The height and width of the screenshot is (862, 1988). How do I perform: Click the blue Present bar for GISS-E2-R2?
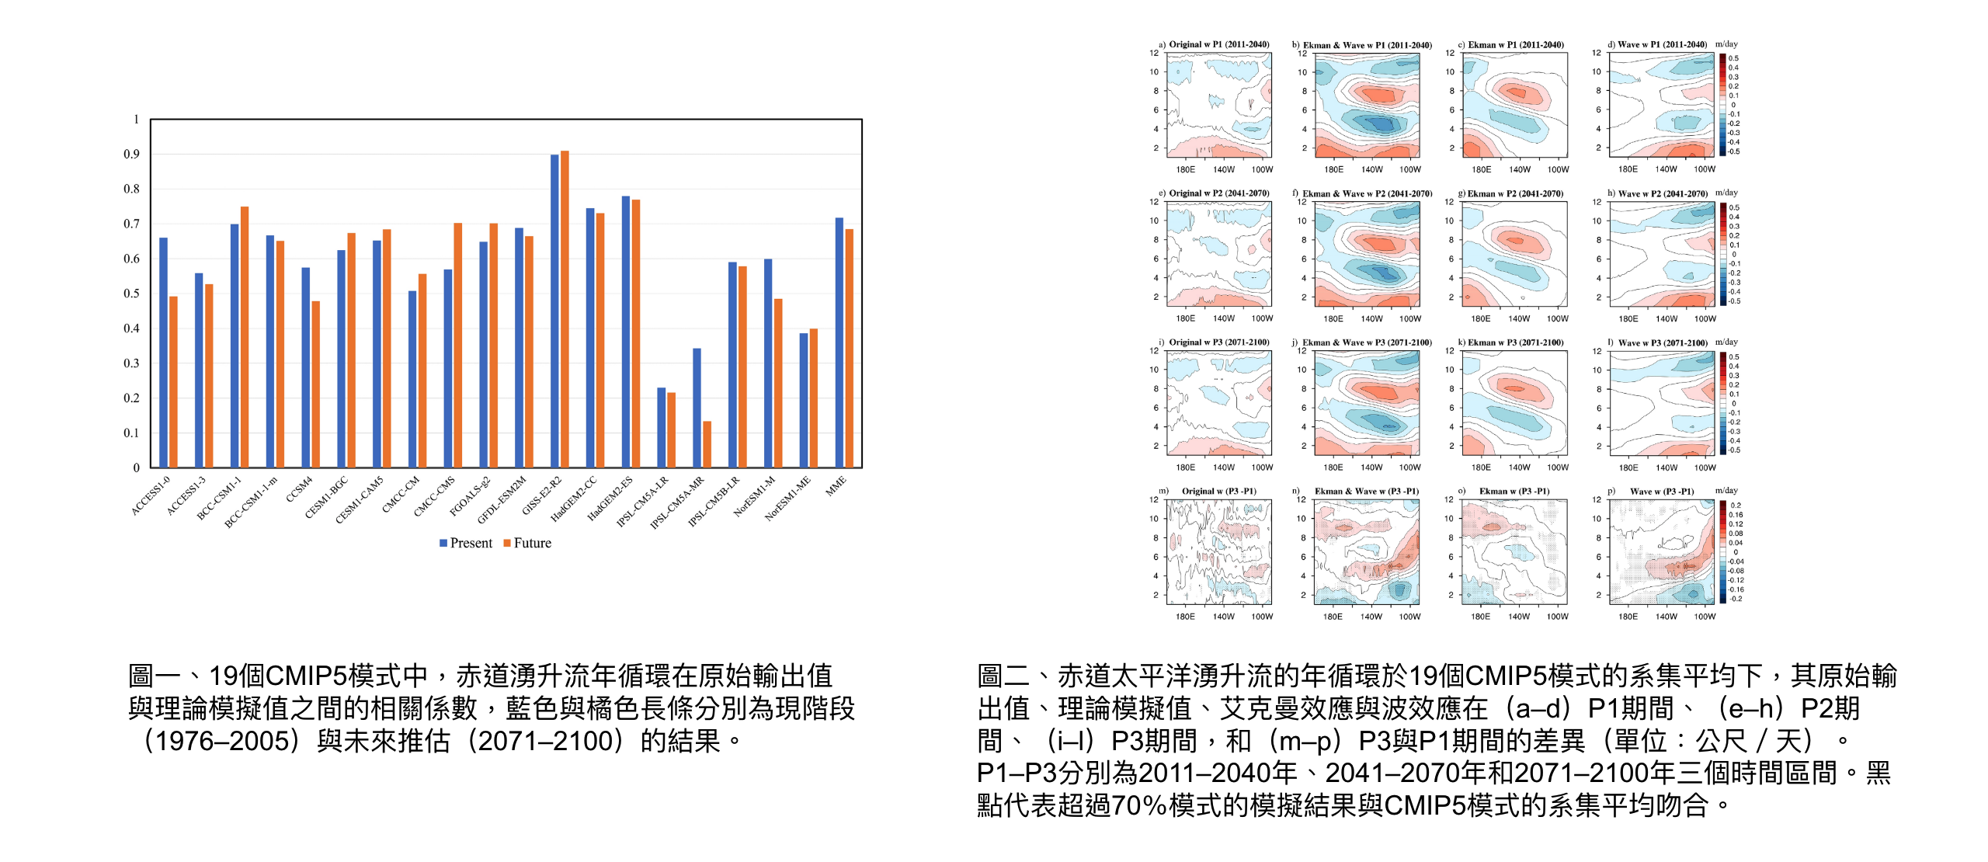554,311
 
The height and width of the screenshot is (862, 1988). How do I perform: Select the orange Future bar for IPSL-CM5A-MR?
707,444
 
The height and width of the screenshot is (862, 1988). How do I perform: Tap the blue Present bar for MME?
839,342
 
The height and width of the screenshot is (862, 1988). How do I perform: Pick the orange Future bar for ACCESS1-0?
173,381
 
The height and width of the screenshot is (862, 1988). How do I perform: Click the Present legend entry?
466,543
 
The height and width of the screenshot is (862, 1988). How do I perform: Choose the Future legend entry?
528,543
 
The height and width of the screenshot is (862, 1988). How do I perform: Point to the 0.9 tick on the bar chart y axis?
132,155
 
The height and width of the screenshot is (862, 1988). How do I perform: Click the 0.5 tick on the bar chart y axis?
132,294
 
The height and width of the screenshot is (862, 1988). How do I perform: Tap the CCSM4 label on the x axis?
299,489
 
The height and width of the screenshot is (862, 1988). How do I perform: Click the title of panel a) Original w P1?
1218,44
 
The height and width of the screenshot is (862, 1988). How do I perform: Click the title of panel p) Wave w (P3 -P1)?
1661,492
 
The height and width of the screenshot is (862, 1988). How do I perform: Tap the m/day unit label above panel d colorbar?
1726,44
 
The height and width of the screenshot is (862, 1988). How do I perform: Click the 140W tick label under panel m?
1223,617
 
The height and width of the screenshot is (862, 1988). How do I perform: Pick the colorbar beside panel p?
1723,551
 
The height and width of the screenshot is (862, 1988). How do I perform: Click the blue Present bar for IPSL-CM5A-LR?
662,427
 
